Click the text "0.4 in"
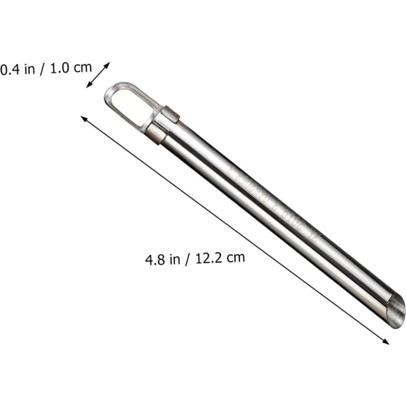pyautogui.click(x=17, y=70)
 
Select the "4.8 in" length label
pyautogui.click(x=161, y=260)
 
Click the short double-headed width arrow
pyautogui.click(x=98, y=74)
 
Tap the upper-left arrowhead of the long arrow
pyautogui.click(x=83, y=119)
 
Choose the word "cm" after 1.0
pyautogui.click(x=83, y=67)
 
